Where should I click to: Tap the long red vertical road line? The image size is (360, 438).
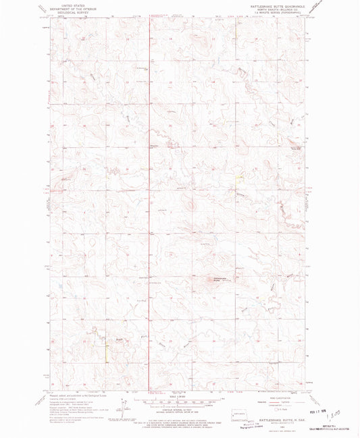[x=149, y=202]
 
